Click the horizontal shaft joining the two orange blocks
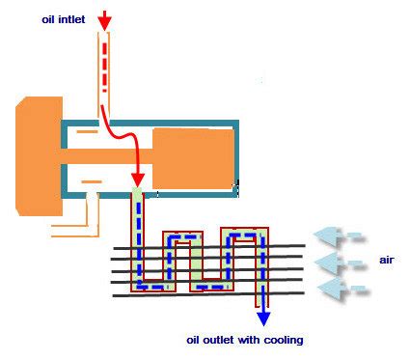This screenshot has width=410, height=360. click(106, 154)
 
